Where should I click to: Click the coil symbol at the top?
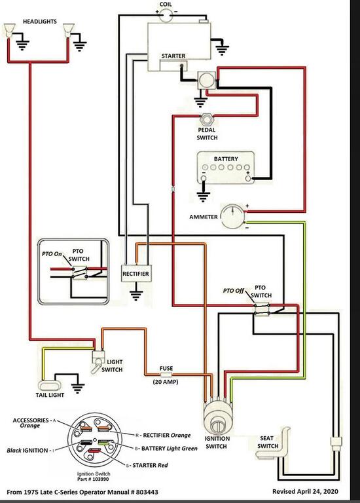pos(166,15)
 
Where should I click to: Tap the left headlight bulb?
pos(9,31)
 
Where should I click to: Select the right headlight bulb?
pos(69,31)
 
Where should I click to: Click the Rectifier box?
pos(136,274)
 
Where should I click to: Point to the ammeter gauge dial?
pos(233,217)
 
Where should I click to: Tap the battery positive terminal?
pos(248,178)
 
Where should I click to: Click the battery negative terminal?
pos(204,178)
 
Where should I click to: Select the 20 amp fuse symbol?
pos(166,375)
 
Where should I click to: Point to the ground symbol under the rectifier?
pos(136,294)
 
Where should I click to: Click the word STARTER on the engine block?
pos(173,56)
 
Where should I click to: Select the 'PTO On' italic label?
pos(52,253)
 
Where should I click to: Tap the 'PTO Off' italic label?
pos(234,291)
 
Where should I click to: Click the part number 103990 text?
pos(93,479)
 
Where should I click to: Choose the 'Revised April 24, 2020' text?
pos(305,491)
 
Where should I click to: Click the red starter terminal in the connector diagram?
pos(94,451)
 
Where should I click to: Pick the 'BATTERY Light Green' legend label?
pos(170,448)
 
